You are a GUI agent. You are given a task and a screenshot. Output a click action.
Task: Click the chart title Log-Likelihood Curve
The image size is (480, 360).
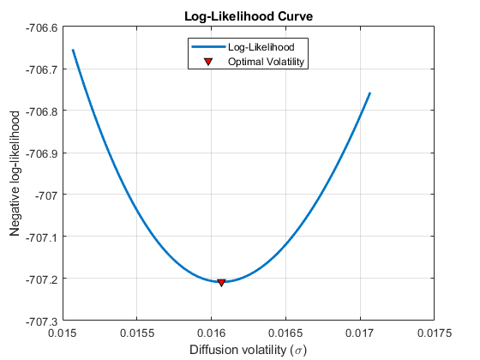point(249,15)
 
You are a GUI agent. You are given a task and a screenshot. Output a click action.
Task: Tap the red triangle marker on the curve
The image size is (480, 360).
point(221,282)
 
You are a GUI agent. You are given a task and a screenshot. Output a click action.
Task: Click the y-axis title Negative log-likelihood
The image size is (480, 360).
point(15,174)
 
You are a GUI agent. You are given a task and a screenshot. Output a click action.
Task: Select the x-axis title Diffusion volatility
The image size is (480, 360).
point(249,350)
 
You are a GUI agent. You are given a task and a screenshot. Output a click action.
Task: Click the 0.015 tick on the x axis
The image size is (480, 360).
point(63,333)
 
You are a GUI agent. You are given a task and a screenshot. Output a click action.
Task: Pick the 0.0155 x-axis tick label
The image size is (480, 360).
point(137,333)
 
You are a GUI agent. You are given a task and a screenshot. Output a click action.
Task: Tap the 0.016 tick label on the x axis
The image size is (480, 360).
point(212,333)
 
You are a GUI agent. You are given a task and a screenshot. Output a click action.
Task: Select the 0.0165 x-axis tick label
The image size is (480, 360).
point(286,333)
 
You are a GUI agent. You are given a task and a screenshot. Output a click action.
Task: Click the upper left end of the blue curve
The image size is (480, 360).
point(73,50)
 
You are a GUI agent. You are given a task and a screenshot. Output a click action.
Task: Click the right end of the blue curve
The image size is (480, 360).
point(369,93)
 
